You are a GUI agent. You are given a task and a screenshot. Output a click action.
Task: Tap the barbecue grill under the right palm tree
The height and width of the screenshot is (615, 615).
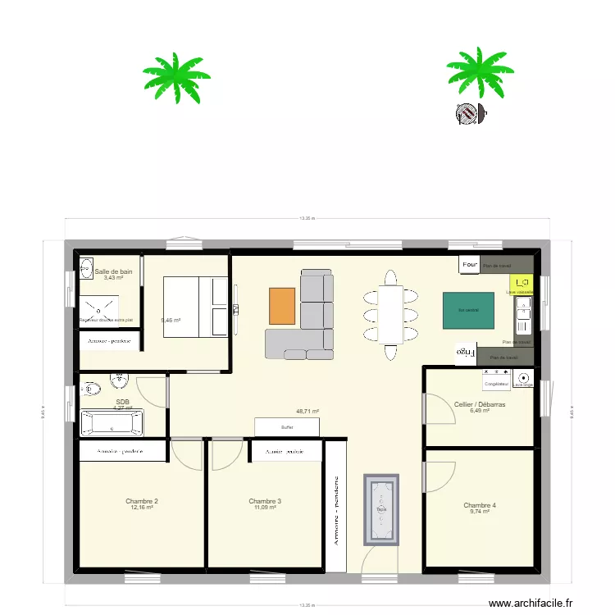[468, 114]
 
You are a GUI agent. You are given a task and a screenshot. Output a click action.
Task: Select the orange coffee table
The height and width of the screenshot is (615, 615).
[281, 305]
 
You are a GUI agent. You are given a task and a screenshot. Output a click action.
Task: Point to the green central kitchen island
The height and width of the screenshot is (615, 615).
[468, 311]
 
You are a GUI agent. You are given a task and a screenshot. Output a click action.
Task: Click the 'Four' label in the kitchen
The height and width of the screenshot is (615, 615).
[470, 265]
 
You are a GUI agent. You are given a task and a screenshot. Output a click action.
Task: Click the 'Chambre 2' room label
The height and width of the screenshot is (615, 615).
[142, 501]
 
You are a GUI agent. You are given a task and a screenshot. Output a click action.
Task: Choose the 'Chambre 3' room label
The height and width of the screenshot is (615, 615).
[265, 501]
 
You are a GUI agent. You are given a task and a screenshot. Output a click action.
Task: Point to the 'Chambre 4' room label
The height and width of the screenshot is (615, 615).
[480, 505]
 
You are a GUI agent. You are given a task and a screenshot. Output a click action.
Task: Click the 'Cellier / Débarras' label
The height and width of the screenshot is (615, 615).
[480, 404]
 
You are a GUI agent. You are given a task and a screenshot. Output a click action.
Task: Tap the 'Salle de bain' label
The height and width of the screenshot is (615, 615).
[113, 271]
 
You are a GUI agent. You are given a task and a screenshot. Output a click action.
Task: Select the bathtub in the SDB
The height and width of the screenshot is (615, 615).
[111, 424]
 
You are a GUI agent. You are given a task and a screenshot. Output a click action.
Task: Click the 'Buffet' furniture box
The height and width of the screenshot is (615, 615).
[286, 427]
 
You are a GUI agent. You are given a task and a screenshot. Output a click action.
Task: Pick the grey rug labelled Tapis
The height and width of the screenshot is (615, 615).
[381, 509]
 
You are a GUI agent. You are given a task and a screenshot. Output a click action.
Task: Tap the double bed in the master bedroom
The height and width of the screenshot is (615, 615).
[195, 306]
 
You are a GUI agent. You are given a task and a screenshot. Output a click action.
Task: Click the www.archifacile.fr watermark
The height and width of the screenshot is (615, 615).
[531, 604]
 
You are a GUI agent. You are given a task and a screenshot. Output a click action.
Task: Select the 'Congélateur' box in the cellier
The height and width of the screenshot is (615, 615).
[496, 383]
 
